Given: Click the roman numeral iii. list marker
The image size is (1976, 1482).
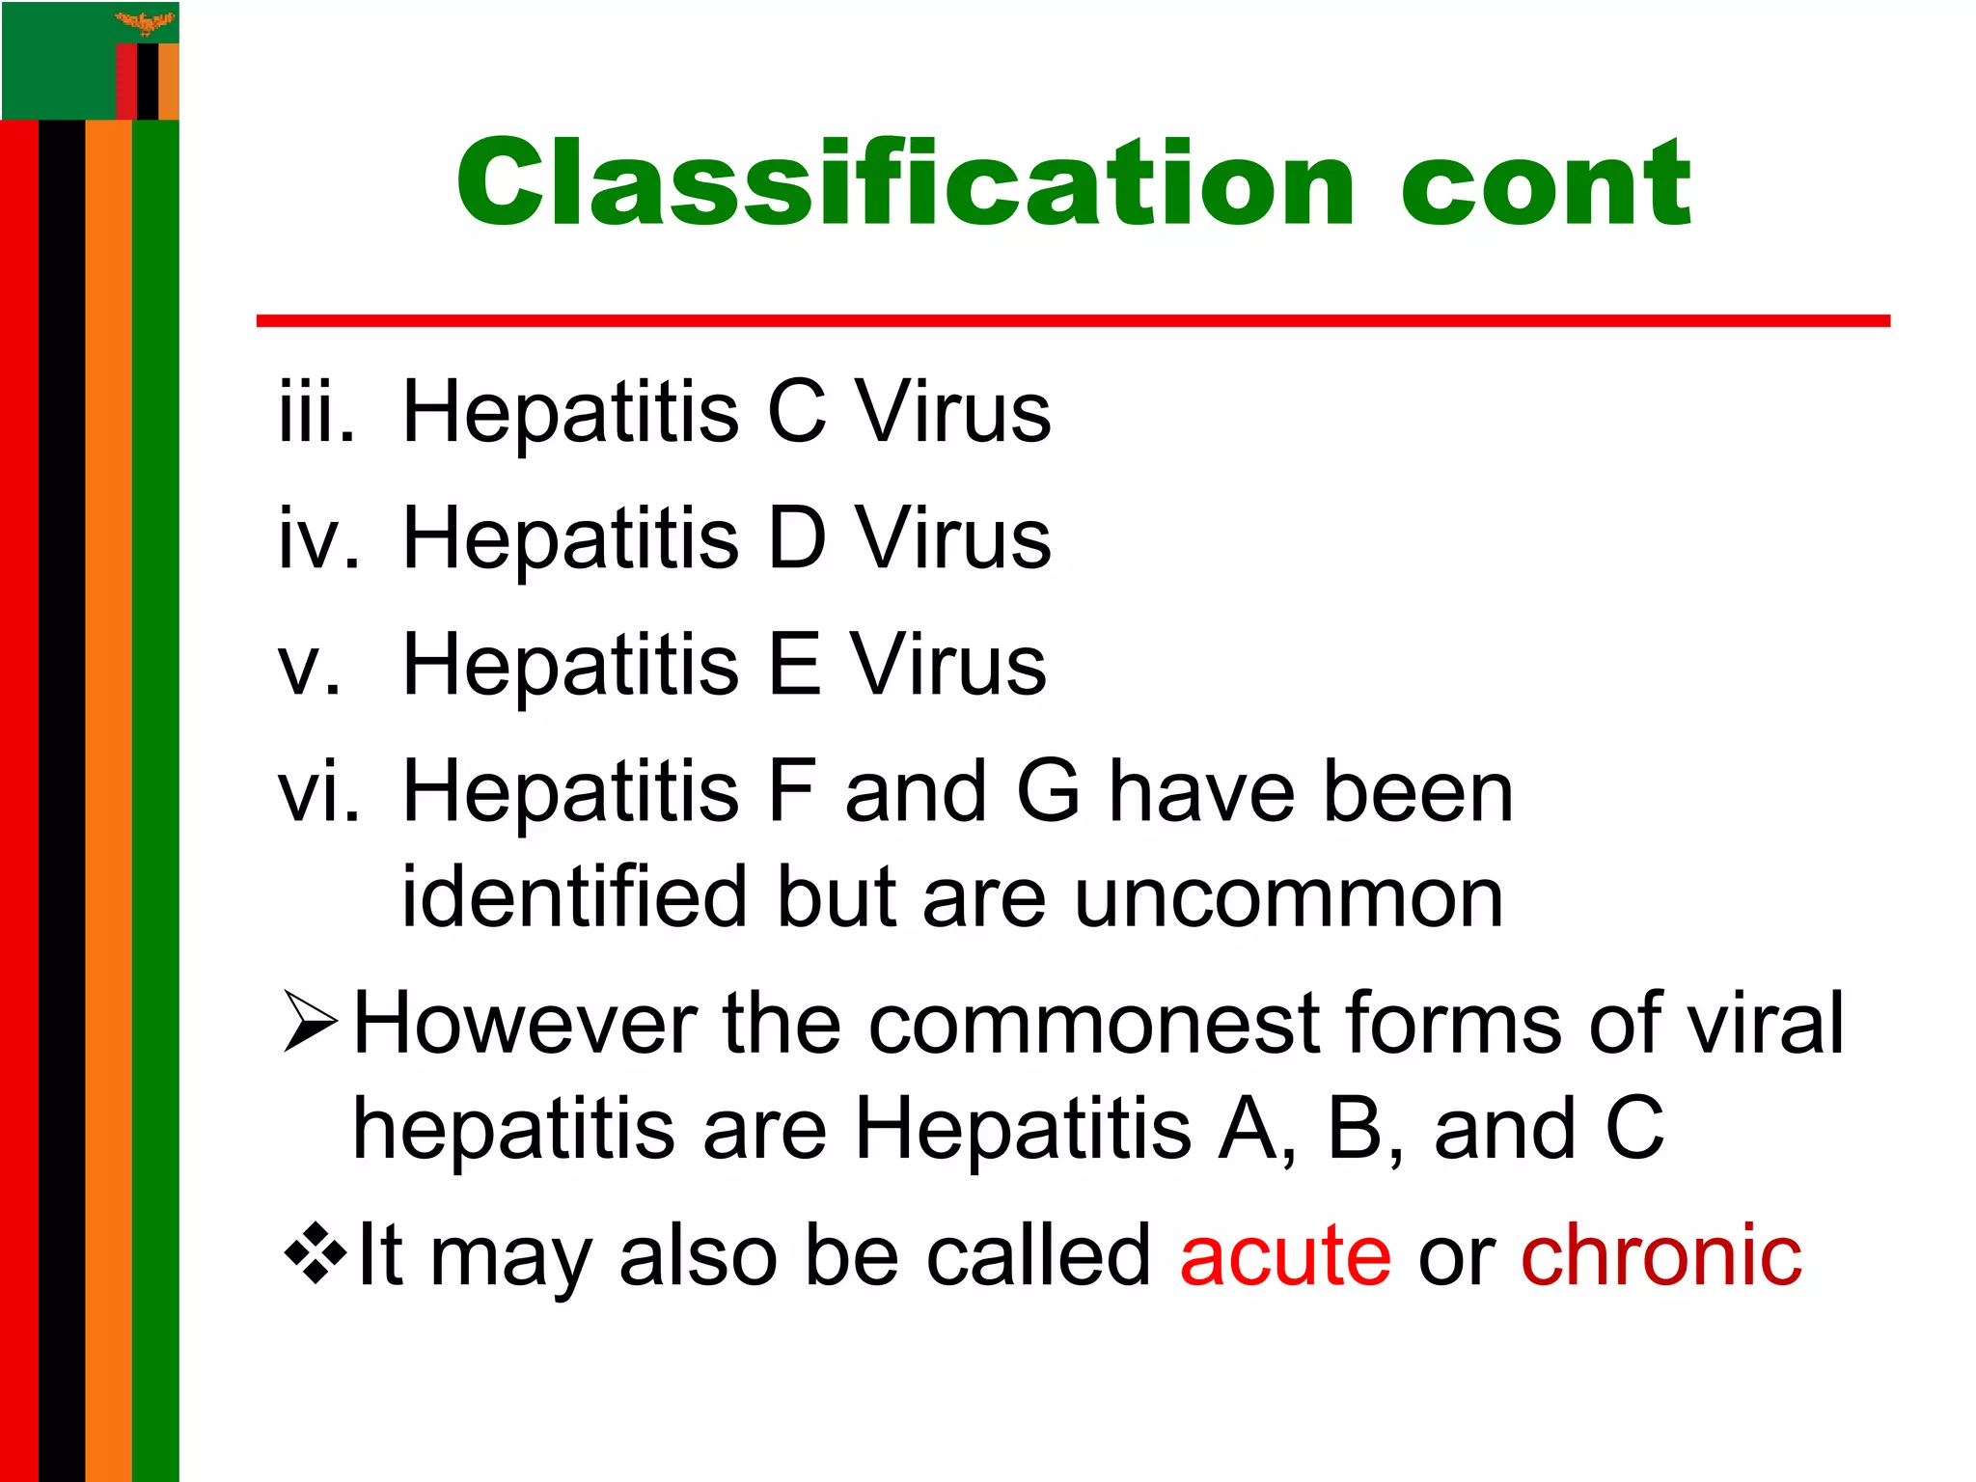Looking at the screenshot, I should point(316,412).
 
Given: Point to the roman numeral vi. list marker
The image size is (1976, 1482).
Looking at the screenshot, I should point(318,791).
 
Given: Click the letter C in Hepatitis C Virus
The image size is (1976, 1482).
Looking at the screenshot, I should point(796,412).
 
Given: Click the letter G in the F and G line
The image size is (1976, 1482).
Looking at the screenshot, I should point(1048,791).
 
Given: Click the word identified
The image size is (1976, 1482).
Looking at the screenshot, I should point(575,897).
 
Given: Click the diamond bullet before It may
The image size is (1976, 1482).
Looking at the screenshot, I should point(315,1254).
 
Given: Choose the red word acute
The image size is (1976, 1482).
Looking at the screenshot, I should point(1284,1256).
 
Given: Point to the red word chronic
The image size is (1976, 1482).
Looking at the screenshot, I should point(1660,1256).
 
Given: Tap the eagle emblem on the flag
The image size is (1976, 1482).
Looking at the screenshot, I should point(146,21).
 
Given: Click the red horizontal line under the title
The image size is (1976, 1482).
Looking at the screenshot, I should point(1072,320).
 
